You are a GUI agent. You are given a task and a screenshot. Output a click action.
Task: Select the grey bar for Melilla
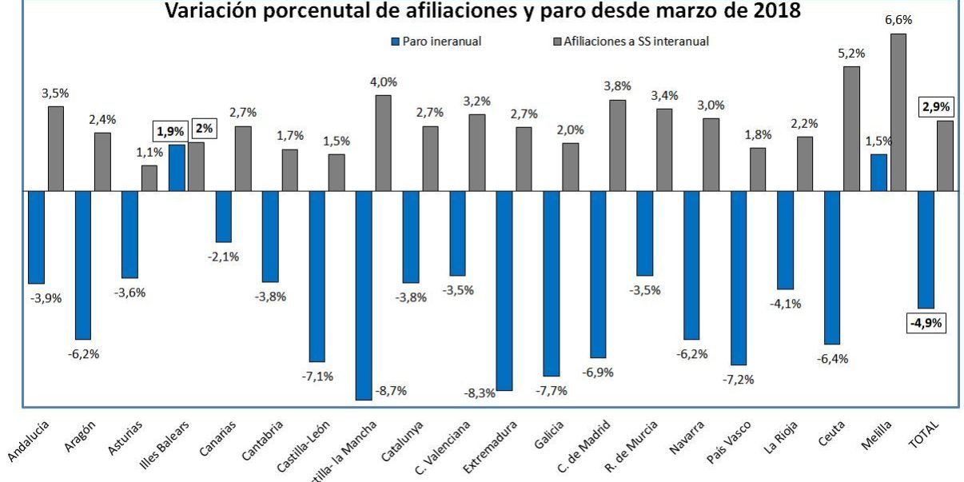pos(898,112)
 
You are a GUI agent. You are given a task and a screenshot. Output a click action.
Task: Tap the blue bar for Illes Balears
pos(177,167)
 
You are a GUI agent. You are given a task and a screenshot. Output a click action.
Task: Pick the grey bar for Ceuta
pos(851,129)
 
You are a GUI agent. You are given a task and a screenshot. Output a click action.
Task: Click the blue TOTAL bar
pos(926,249)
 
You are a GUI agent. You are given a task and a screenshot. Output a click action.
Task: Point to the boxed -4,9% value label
pos(926,324)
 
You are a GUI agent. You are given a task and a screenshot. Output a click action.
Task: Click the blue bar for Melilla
pos(878,172)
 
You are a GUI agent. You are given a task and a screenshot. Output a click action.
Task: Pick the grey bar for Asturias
pos(149,177)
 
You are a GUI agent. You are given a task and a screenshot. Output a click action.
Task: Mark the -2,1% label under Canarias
pos(224,257)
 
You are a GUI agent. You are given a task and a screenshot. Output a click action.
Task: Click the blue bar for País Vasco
pos(738,277)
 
